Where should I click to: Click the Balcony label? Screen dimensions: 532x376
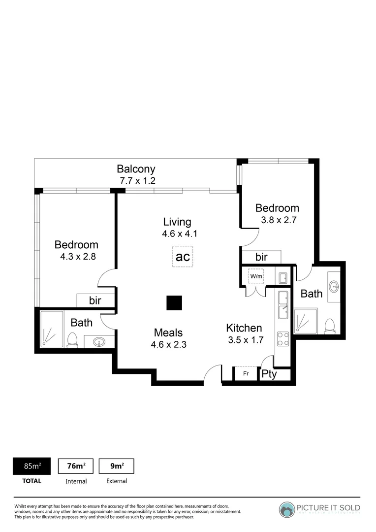tap(136, 169)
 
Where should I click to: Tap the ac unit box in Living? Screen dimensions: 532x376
tap(183, 257)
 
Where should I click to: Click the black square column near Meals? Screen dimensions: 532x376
tap(174, 303)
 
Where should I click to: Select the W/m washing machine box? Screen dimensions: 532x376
tap(256, 277)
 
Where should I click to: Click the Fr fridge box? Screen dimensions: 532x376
tap(246, 374)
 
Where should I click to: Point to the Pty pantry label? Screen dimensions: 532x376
tap(269, 374)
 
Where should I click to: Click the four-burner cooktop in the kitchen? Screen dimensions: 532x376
tap(283, 338)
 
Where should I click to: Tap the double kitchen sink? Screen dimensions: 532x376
tap(283, 305)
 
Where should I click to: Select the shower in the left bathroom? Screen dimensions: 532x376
tap(52, 329)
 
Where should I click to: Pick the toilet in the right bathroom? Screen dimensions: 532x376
tap(330, 325)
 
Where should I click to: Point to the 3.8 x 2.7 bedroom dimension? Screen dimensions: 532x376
tap(277, 220)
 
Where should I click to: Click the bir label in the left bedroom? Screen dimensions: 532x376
tap(95, 300)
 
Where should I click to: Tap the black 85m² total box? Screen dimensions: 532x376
tap(31, 466)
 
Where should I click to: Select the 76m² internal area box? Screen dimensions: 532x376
tap(76, 466)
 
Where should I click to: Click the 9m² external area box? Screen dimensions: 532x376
tap(116, 466)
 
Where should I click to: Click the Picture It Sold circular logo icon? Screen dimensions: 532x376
tap(287, 509)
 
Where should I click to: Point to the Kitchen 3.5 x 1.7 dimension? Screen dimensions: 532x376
tap(246, 339)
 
